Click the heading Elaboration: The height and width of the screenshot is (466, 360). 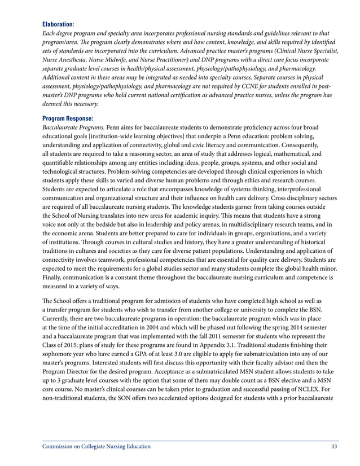[58, 25]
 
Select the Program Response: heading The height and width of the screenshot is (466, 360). [67, 118]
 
